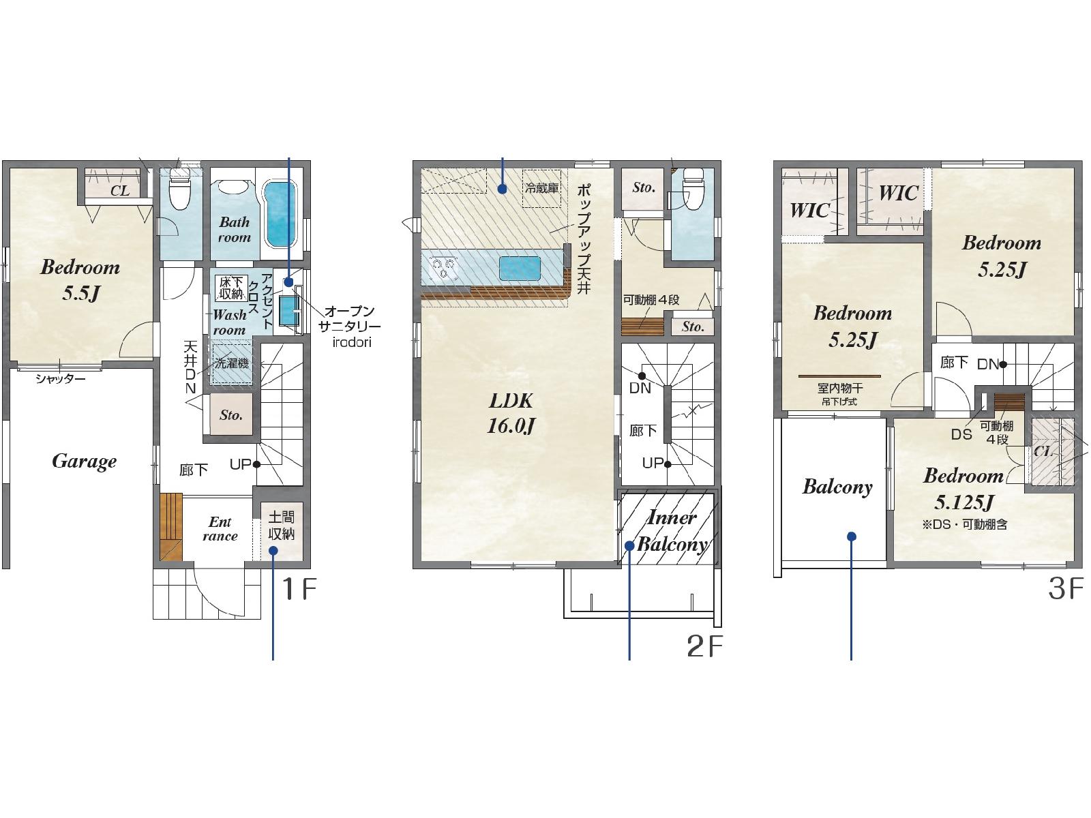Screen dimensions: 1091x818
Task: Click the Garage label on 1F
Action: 84,461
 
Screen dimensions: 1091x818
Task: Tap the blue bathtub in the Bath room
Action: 281,214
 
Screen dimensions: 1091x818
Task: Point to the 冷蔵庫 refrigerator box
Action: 541,188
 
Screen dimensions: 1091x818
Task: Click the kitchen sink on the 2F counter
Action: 520,268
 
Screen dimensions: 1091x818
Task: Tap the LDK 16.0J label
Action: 511,413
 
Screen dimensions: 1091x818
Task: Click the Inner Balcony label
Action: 672,532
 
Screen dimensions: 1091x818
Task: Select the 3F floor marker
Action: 1065,589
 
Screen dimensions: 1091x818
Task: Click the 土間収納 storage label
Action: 282,526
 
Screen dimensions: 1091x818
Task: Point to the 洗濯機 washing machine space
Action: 232,363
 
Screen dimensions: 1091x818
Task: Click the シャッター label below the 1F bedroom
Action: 60,379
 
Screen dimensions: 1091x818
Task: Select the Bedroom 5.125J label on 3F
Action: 963,489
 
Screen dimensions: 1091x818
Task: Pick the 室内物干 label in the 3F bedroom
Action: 840,388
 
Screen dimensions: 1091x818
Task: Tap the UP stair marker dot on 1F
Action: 256,465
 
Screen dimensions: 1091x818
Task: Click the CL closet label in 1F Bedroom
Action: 120,191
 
